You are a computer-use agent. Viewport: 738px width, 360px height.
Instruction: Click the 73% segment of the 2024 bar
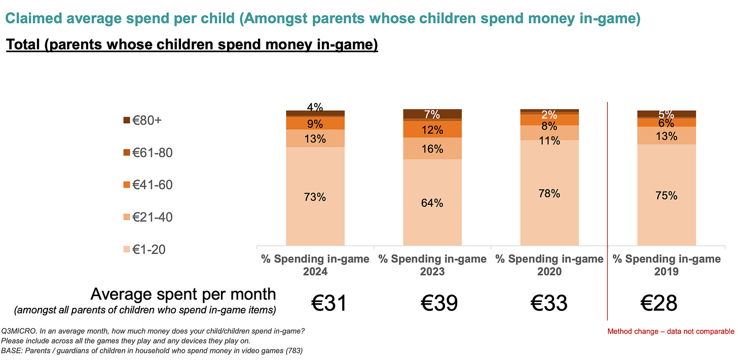pyautogui.click(x=315, y=196)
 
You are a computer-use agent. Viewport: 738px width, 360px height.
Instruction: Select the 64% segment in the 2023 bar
pyautogui.click(x=432, y=202)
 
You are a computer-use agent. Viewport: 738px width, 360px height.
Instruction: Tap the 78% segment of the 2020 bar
pyautogui.click(x=549, y=193)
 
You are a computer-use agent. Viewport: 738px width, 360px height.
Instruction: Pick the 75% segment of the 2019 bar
pyautogui.click(x=667, y=195)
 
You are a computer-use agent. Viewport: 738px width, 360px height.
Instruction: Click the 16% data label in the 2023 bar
pyautogui.click(x=432, y=149)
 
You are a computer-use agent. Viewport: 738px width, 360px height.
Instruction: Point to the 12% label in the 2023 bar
pyautogui.click(x=432, y=130)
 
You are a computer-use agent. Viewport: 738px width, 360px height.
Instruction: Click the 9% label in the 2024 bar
pyautogui.click(x=315, y=123)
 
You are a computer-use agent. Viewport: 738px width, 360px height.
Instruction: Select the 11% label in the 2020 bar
pyautogui.click(x=549, y=140)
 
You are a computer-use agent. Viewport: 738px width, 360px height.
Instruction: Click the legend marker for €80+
pyautogui.click(x=126, y=121)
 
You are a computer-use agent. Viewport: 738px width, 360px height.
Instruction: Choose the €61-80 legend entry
pyautogui.click(x=147, y=153)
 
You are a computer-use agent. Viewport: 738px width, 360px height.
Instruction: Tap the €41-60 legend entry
pyautogui.click(x=147, y=185)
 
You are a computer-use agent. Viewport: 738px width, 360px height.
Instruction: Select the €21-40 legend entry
pyautogui.click(x=147, y=217)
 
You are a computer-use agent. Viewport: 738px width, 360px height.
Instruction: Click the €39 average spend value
pyautogui.click(x=439, y=303)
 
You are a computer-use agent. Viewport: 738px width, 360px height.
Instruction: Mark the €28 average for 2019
pyautogui.click(x=659, y=303)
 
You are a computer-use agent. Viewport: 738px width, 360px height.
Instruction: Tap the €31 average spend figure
pyautogui.click(x=329, y=303)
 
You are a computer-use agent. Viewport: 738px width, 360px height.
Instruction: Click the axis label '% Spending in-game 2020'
pyautogui.click(x=549, y=265)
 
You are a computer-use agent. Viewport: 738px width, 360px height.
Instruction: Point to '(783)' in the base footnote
pyautogui.click(x=293, y=350)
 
